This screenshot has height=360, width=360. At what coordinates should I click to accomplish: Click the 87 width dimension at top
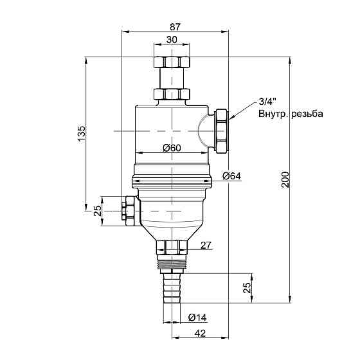(175, 27)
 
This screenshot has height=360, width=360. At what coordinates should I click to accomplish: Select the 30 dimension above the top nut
(172, 40)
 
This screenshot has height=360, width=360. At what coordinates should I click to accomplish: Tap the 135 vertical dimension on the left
(82, 134)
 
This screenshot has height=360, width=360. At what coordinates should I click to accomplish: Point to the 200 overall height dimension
(285, 179)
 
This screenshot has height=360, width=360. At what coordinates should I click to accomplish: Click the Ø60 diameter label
(172, 148)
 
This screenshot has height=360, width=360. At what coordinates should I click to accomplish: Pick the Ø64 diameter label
(231, 176)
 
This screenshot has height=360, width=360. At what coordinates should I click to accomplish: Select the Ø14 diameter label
(197, 318)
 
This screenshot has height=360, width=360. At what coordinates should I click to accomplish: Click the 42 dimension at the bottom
(200, 333)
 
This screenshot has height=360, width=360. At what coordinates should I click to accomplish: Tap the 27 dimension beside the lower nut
(206, 246)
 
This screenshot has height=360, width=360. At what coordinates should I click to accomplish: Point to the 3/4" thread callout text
(267, 102)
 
